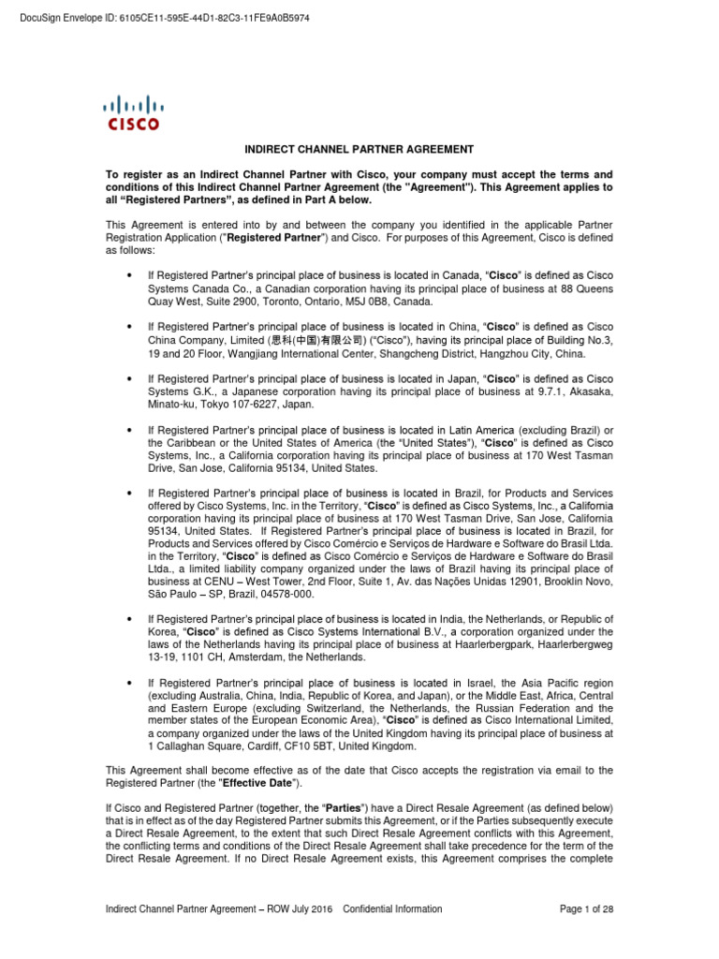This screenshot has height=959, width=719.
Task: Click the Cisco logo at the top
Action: click(x=131, y=111)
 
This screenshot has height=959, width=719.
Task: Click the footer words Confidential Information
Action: click(x=393, y=908)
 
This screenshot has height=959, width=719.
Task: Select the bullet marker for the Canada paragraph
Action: click(x=127, y=275)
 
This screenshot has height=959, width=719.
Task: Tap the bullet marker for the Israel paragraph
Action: click(x=127, y=683)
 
